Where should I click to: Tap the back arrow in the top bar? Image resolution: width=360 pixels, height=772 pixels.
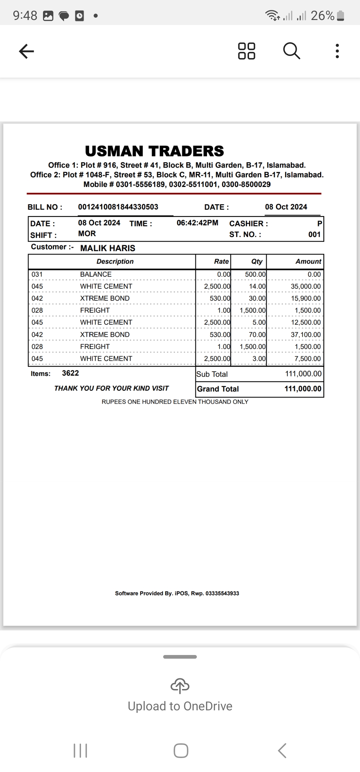coord(27,51)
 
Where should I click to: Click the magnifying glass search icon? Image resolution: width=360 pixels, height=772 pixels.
coord(292,51)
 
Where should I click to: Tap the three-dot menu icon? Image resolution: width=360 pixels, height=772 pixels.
coord(337,51)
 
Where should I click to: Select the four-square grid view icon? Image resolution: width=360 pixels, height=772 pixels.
coord(247,51)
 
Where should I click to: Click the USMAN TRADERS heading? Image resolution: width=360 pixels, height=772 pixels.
coord(154,151)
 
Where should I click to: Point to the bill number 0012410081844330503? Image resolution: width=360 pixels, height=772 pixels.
coord(118,207)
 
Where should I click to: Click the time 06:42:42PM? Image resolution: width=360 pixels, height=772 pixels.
coord(197,223)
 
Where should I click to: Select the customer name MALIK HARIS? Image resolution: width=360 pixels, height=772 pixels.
coord(108,248)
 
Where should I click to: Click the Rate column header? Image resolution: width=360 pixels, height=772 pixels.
coord(221,261)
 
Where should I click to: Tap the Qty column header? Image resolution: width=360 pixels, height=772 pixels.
coord(257,261)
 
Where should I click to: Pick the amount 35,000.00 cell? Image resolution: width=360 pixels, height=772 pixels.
coord(306,286)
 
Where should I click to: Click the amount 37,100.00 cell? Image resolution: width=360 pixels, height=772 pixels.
coord(306,334)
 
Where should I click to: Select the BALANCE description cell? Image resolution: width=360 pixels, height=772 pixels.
coord(96,274)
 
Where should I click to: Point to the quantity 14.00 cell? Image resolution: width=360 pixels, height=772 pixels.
coord(257,286)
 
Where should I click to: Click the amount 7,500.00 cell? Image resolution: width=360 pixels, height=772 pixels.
coord(307,359)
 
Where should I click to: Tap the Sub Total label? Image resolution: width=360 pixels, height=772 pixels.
coord(212,374)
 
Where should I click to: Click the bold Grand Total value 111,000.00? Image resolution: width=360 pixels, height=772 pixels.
coord(303,389)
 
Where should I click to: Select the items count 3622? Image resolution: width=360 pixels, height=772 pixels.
coord(70,373)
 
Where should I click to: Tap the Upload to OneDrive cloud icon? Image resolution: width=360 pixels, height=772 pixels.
coord(180,686)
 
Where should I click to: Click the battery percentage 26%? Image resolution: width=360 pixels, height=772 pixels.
coord(322,16)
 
